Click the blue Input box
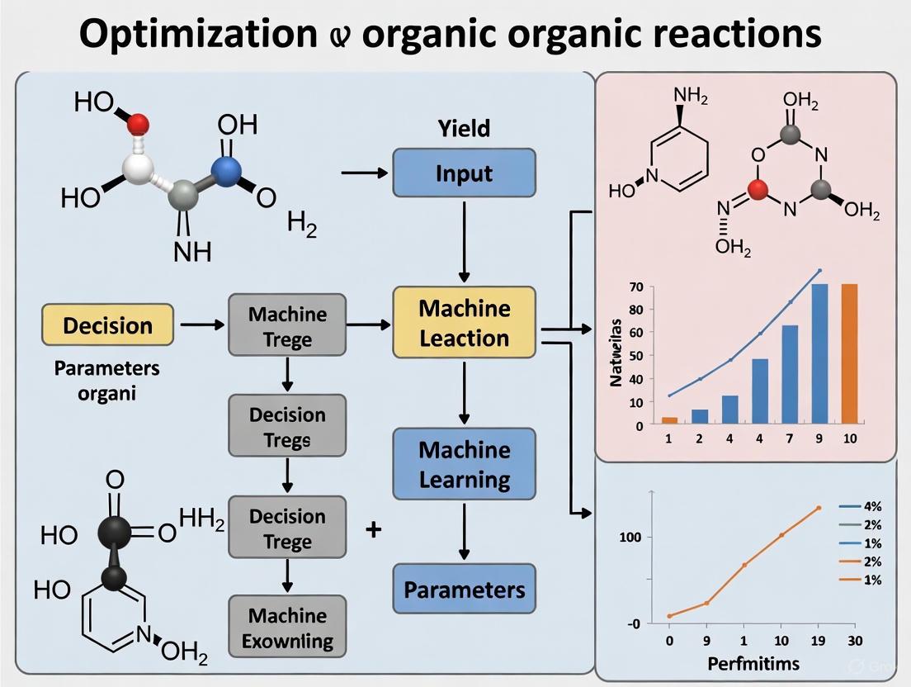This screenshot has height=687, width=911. click(464, 173)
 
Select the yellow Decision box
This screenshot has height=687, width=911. click(108, 325)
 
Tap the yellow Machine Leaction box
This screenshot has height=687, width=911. click(464, 322)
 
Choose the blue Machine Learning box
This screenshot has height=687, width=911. click(464, 463)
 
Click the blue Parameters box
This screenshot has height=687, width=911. click(464, 590)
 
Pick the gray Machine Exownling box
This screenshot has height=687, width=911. click(287, 627)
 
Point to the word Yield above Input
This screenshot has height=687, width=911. click(464, 128)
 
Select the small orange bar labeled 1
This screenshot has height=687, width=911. click(670, 420)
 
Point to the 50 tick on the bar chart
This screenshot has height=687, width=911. click(636, 356)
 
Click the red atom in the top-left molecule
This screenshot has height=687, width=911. click(139, 124)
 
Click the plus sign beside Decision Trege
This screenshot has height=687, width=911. click(373, 528)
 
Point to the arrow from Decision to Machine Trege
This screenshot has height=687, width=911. click(201, 325)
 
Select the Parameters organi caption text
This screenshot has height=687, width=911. click(107, 380)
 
